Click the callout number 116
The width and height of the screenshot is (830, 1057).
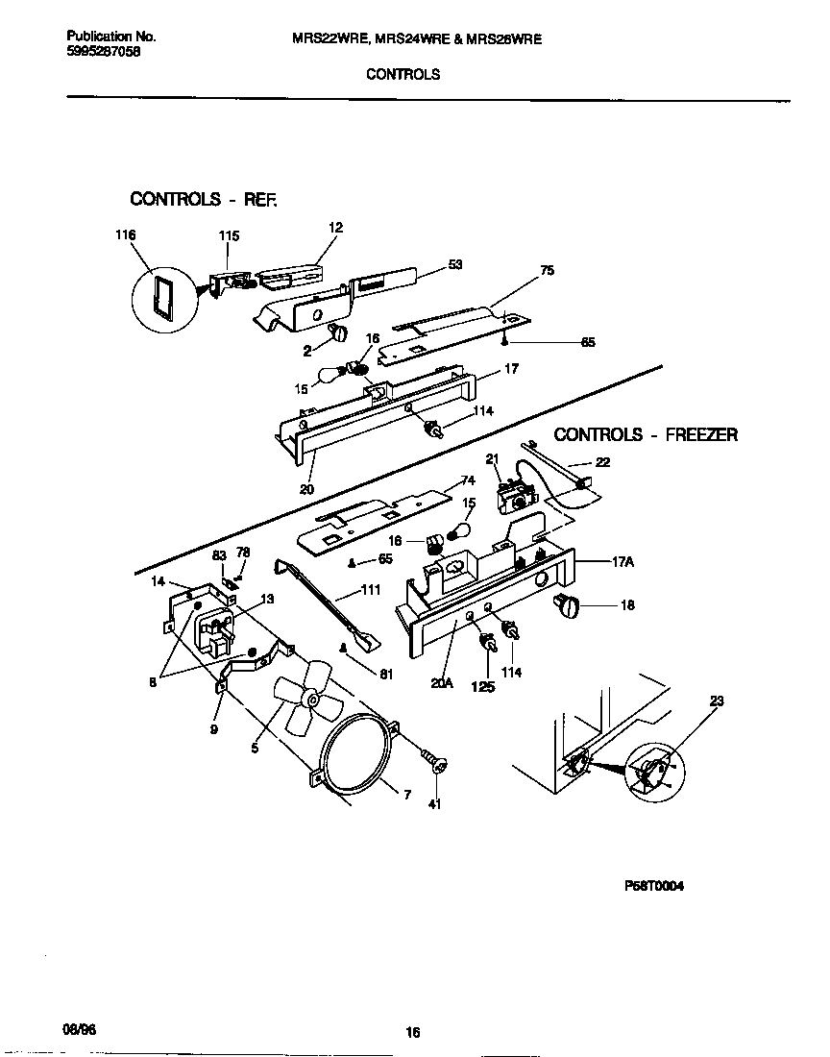point(125,235)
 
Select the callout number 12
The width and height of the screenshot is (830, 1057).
point(335,228)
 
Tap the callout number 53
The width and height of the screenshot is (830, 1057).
point(455,265)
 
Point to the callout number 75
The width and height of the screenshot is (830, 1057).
point(547,271)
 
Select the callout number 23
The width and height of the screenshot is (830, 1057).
point(716,702)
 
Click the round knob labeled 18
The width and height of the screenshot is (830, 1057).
point(568,605)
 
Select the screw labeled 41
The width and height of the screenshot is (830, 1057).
point(438,764)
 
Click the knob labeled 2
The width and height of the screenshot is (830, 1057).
point(338,332)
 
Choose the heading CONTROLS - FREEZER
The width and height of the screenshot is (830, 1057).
point(646,435)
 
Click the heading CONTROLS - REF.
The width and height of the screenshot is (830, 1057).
point(203,199)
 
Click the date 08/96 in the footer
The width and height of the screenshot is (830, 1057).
point(81,1027)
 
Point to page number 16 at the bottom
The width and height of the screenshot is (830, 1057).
point(412,1033)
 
